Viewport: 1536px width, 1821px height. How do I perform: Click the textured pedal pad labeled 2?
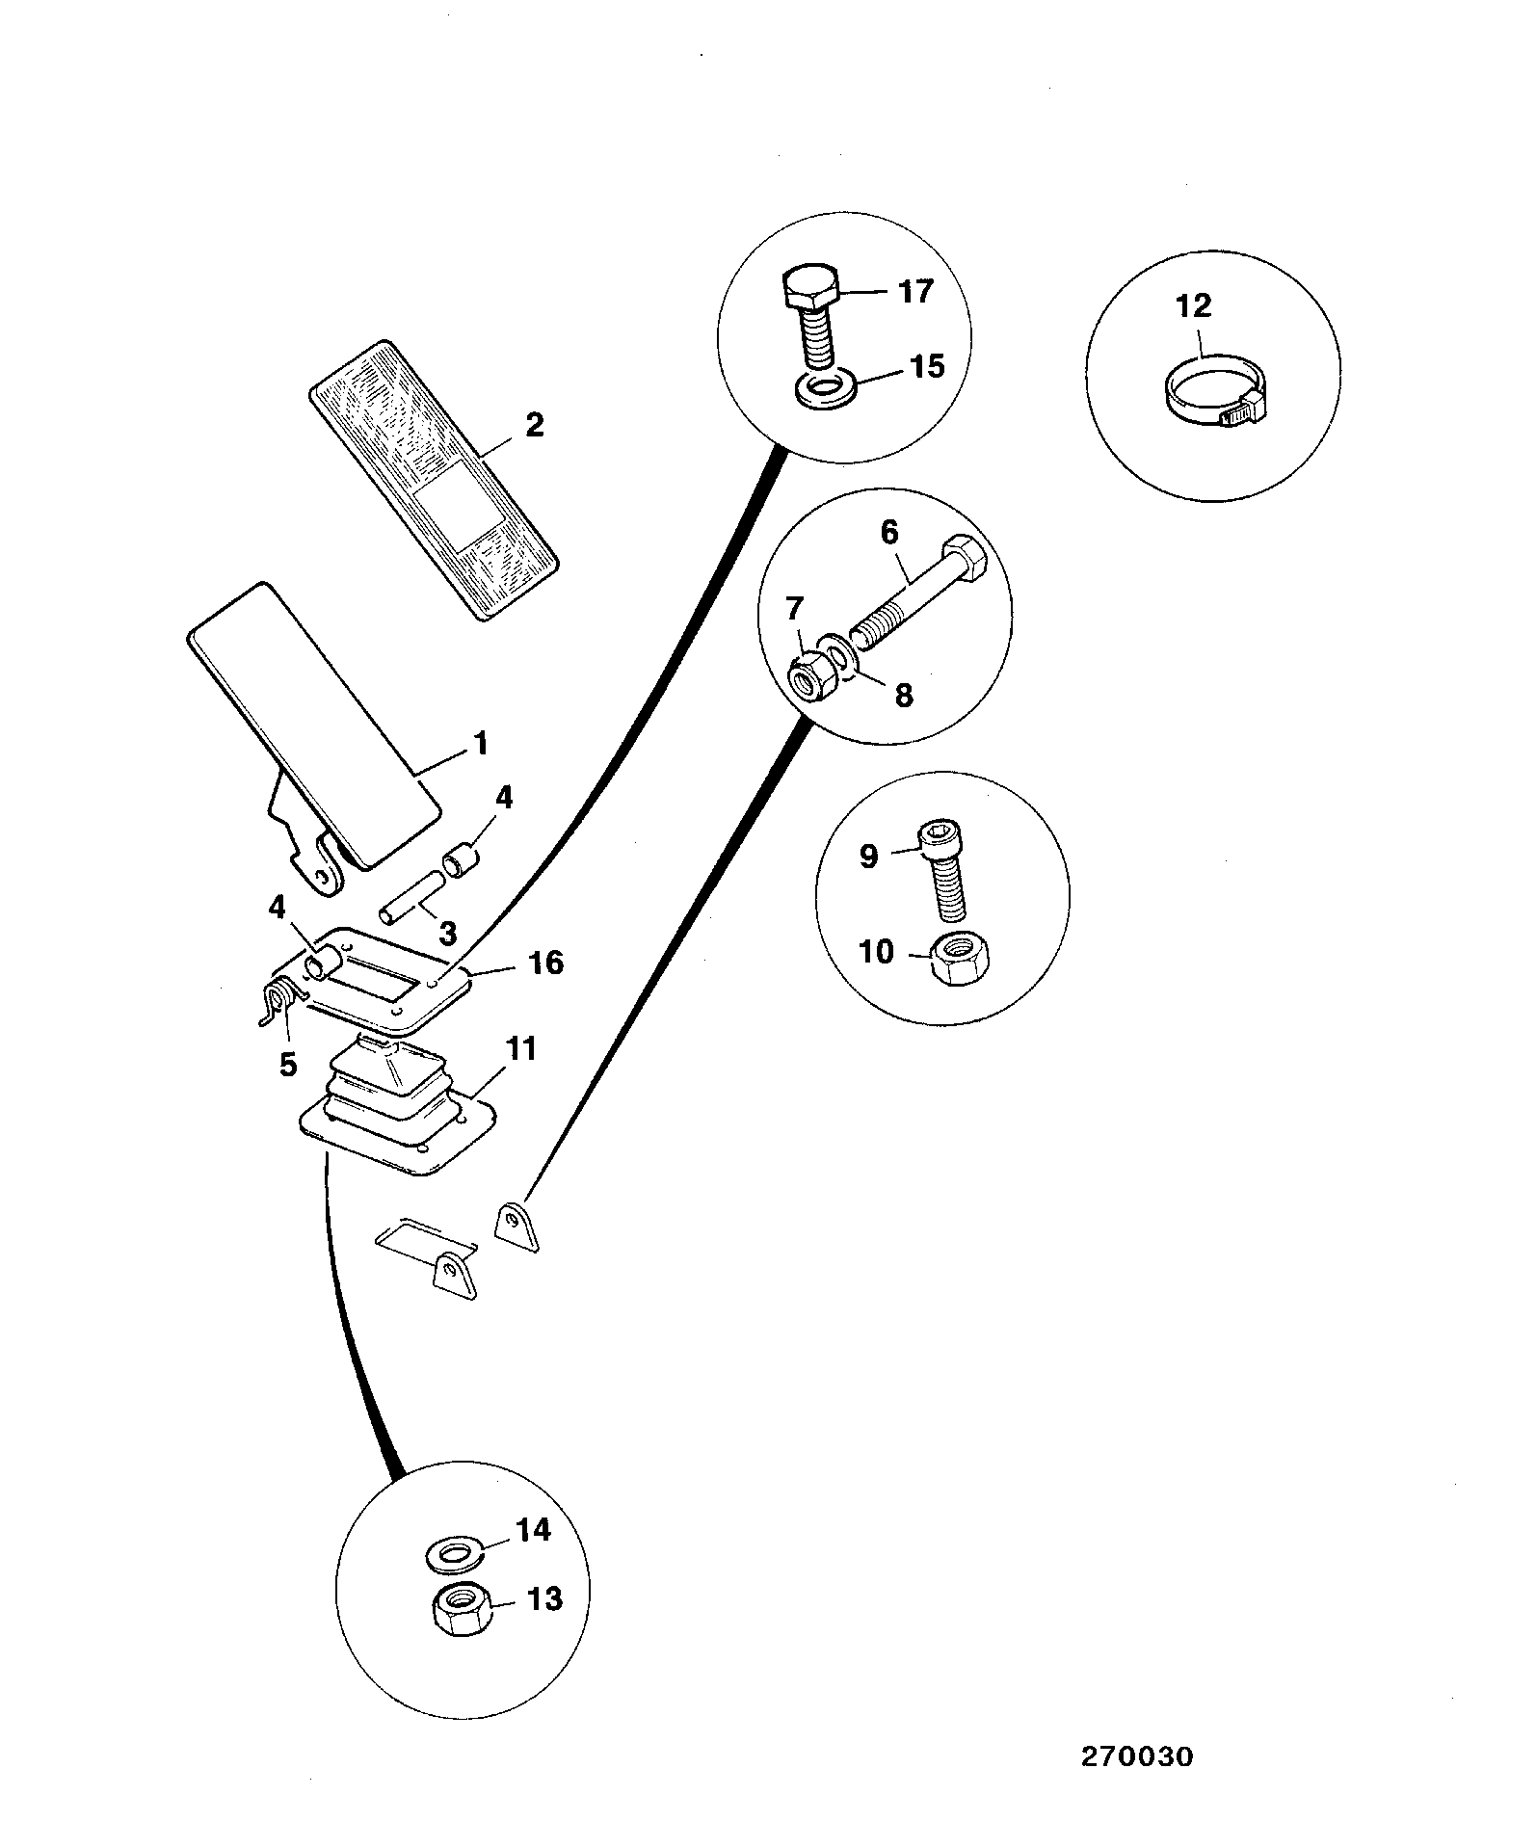pyautogui.click(x=434, y=479)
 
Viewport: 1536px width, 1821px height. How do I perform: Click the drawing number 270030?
pyautogui.click(x=1136, y=1756)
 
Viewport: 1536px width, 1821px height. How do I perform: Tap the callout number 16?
pyautogui.click(x=545, y=962)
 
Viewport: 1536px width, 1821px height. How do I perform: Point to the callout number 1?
pyautogui.click(x=480, y=744)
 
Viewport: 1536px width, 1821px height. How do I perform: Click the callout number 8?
pyautogui.click(x=903, y=695)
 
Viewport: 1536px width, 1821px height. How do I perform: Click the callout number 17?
pyautogui.click(x=915, y=290)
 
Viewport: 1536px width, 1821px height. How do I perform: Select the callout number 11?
pyautogui.click(x=521, y=1048)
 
